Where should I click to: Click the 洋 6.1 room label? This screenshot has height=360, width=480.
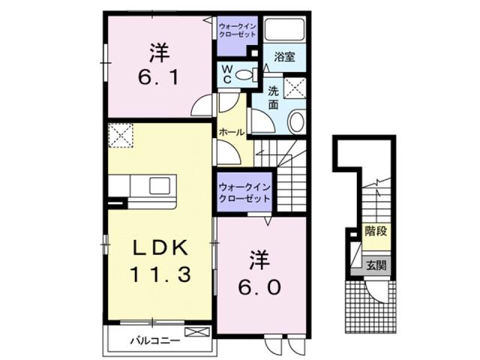[157, 65]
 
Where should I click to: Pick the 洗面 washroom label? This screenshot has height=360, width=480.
[274, 98]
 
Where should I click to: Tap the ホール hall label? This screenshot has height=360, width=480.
[232, 132]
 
